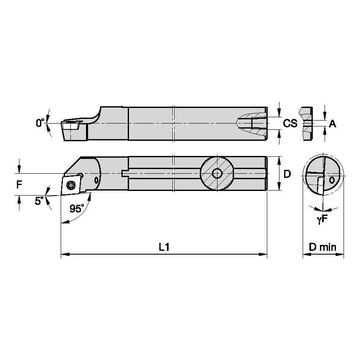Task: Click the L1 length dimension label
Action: (164, 247)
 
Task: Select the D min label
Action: (322, 247)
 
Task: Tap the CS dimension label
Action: (290, 124)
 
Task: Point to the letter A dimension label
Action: (333, 124)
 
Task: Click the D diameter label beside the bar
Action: (287, 174)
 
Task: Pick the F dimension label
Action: (18, 184)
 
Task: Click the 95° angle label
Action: (76, 209)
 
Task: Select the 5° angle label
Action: (39, 201)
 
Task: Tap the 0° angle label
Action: (40, 123)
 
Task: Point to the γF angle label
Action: (322, 220)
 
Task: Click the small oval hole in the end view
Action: (332, 180)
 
